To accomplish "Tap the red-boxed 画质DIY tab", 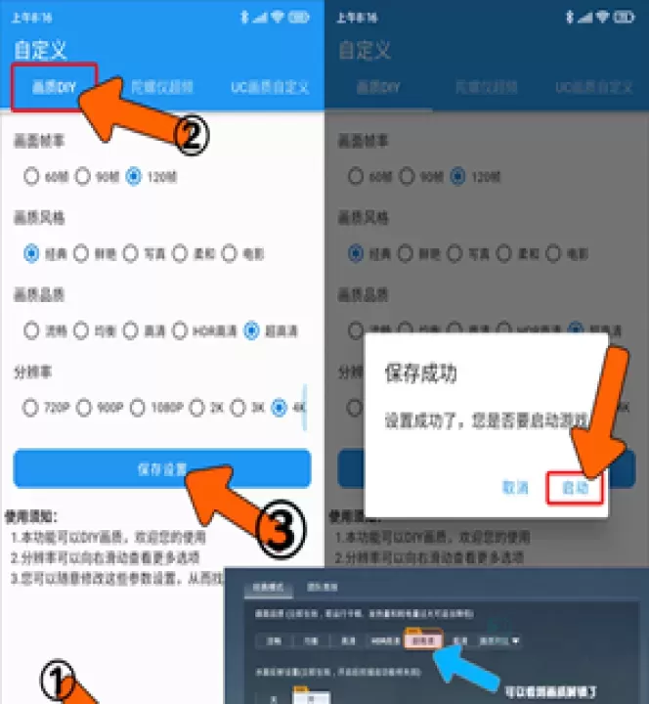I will click(x=54, y=87).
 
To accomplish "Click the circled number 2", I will click(x=192, y=136).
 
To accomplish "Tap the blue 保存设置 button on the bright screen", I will click(x=162, y=468).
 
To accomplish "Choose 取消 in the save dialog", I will click(x=515, y=487).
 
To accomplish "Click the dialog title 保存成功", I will click(x=420, y=373).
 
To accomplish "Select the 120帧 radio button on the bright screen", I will click(x=134, y=177).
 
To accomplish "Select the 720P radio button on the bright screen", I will click(x=30, y=408).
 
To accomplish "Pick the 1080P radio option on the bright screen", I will click(x=138, y=408).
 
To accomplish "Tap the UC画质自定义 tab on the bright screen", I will click(x=270, y=87).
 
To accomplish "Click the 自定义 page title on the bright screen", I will click(x=38, y=50).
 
